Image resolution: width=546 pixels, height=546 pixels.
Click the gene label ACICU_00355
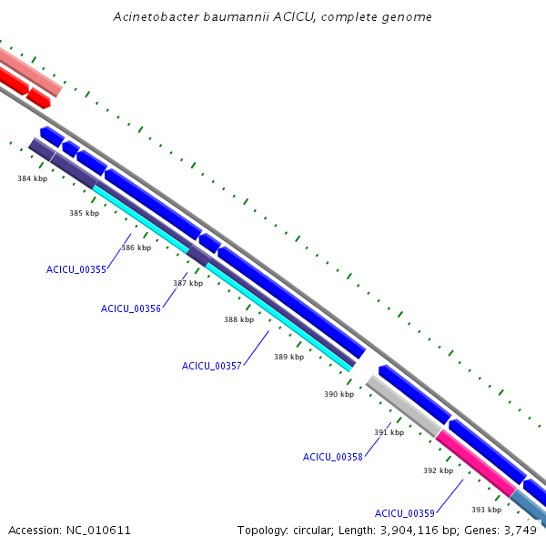[76, 269]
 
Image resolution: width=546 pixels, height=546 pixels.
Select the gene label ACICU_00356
[131, 308]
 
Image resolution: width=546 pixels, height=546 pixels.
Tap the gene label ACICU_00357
[212, 366]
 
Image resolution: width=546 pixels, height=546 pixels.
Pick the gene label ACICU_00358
[333, 457]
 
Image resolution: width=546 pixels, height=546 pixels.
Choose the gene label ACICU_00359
[405, 513]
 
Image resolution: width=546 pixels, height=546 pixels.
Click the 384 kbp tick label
[32, 178]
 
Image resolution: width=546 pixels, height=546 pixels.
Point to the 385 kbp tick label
[84, 213]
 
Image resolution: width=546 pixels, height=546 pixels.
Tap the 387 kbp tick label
[187, 284]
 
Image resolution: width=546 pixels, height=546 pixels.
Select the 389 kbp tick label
[288, 357]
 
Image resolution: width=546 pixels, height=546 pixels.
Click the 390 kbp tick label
[339, 394]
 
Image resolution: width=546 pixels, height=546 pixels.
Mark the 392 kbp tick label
[438, 470]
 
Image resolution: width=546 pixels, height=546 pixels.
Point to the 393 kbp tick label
[486, 510]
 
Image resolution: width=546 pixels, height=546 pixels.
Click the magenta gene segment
[476, 464]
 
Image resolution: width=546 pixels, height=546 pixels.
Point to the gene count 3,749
[521, 530]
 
